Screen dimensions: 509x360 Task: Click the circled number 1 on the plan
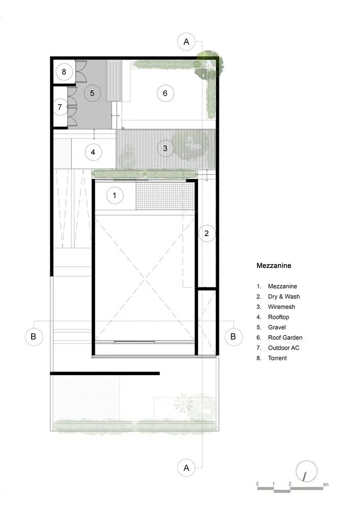[x=115, y=195]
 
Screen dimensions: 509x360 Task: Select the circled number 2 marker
[x=207, y=233]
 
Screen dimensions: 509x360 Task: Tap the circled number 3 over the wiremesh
[x=165, y=149]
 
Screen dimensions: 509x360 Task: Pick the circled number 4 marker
[x=93, y=152]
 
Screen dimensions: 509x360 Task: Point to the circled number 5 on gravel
[x=92, y=93]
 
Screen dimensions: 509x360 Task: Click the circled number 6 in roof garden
[x=165, y=93]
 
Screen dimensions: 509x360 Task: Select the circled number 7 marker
[x=60, y=107]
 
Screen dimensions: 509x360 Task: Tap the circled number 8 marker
[x=64, y=72]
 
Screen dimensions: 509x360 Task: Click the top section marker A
[x=186, y=42]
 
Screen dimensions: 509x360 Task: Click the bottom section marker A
[x=186, y=468]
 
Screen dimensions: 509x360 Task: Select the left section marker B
[x=34, y=336]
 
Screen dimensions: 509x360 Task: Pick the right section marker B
[x=233, y=336]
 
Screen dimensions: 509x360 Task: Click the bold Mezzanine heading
[x=274, y=265]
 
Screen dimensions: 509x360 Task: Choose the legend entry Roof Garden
[x=285, y=337]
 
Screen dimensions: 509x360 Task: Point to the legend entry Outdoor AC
[x=285, y=348]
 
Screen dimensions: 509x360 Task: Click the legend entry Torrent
[x=278, y=358]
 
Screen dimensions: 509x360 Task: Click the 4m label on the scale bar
[x=326, y=484]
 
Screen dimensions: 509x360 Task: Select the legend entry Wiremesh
[x=281, y=307]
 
